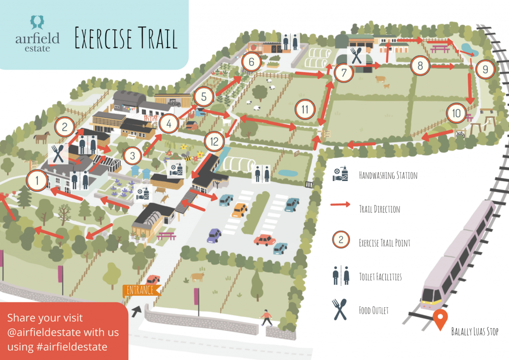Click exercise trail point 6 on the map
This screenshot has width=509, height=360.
click(x=251, y=62)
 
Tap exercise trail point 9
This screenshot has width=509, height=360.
click(x=485, y=69)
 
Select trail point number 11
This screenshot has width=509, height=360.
click(x=305, y=109)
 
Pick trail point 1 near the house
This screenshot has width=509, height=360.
click(x=37, y=180)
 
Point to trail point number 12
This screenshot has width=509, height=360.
click(x=214, y=142)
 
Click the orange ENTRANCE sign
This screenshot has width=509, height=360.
click(x=141, y=290)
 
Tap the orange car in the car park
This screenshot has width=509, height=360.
click(x=240, y=210)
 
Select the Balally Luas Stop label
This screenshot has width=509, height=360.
click(x=475, y=332)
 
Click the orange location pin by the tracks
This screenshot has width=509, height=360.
click(x=440, y=319)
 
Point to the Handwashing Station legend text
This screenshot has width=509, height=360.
click(x=388, y=176)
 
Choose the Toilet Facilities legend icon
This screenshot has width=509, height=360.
click(x=340, y=275)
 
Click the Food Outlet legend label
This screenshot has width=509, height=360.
click(x=374, y=310)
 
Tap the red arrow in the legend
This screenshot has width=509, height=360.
click(x=340, y=204)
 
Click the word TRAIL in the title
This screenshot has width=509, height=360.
click(x=158, y=38)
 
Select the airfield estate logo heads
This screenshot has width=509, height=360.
click(x=37, y=22)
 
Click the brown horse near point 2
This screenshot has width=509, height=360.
click(x=42, y=137)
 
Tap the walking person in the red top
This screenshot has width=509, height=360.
click(x=266, y=318)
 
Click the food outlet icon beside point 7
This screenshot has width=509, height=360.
click(x=356, y=56)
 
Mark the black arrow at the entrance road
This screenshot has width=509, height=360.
click(x=136, y=311)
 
